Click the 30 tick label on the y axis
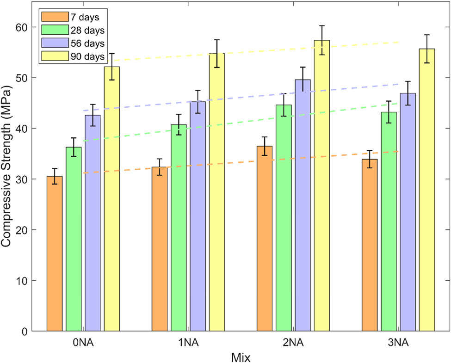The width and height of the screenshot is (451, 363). (23, 179)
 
